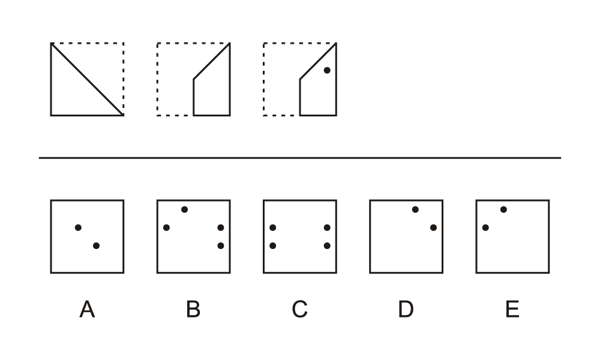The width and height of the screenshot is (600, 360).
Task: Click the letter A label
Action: coord(87,309)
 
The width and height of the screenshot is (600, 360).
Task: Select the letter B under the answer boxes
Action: coord(193,309)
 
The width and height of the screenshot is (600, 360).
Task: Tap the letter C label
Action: coord(299,309)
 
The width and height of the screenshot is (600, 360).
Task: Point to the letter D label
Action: coord(406,309)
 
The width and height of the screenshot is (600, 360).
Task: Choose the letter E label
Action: coord(512,309)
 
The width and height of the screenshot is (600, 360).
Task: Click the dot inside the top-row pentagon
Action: coord(327,70)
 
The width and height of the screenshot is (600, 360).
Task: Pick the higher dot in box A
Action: coord(78,227)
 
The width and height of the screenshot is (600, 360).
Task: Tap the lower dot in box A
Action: coord(96,245)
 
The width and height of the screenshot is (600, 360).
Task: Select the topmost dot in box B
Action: coord(184,209)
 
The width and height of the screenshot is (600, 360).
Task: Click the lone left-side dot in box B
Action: coord(166,227)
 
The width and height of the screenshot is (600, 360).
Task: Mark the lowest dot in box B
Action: coord(220,245)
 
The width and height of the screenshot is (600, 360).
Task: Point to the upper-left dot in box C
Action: coord(273,227)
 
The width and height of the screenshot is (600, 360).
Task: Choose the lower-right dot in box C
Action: coord(327,245)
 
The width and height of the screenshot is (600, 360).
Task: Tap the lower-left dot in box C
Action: coord(273,245)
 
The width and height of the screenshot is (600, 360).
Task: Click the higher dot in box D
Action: coord(415,209)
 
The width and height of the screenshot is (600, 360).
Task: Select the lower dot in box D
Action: coord(433,227)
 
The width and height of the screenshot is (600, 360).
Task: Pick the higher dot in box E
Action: coord(503,209)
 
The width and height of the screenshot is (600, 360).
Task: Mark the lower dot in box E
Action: coord(485,227)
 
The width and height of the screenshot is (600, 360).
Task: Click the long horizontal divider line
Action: coord(300,158)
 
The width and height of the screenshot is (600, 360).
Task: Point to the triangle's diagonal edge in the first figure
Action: coord(87,79)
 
